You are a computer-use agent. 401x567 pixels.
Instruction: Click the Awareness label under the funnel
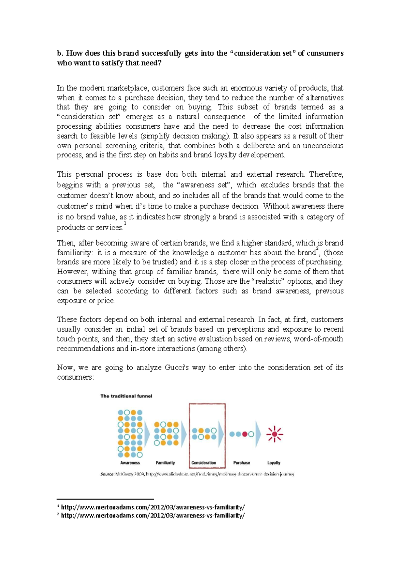[130, 463]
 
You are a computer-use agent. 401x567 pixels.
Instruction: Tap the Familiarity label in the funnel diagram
[165, 463]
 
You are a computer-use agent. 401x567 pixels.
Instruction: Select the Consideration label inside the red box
[204, 463]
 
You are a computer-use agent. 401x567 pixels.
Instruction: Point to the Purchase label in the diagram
[241, 463]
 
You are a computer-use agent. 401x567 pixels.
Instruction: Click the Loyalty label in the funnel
[274, 463]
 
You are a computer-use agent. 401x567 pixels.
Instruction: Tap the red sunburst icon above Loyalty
[274, 434]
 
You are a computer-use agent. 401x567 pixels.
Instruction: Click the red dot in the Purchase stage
[245, 434]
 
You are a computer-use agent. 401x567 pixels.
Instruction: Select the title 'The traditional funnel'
[126, 396]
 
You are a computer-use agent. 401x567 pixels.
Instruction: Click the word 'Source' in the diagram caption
[107, 474]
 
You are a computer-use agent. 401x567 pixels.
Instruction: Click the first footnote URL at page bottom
[153, 507]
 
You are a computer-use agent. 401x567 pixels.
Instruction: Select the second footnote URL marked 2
[153, 516]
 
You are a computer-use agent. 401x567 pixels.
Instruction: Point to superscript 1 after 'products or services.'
[125, 223]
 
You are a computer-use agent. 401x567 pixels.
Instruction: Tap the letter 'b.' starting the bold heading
[60, 53]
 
